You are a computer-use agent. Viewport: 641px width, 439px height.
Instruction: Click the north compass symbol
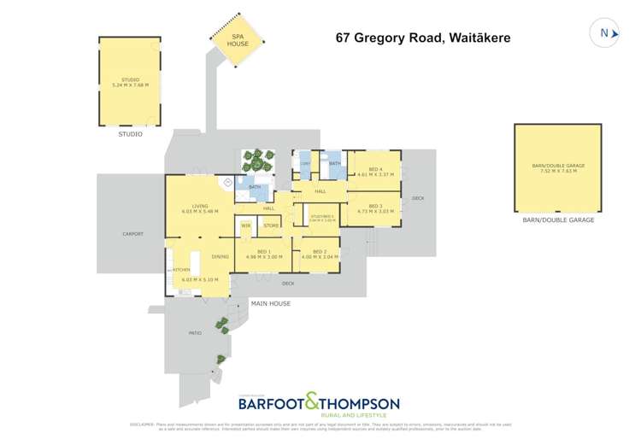(604, 33)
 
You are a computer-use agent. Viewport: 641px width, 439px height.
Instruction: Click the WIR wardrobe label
(245, 225)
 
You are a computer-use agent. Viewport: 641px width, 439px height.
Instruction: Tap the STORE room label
(272, 225)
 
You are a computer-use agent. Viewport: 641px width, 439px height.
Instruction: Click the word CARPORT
(132, 233)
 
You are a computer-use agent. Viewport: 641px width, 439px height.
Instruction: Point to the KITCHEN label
(181, 270)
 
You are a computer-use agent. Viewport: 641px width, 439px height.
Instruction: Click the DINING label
(221, 256)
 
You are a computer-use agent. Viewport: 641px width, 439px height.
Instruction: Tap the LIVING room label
(200, 206)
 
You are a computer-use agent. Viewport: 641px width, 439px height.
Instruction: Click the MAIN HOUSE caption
(270, 303)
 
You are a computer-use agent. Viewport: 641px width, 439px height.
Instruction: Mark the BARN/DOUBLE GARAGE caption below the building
(558, 220)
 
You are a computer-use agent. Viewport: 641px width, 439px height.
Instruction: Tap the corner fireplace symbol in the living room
(227, 182)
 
